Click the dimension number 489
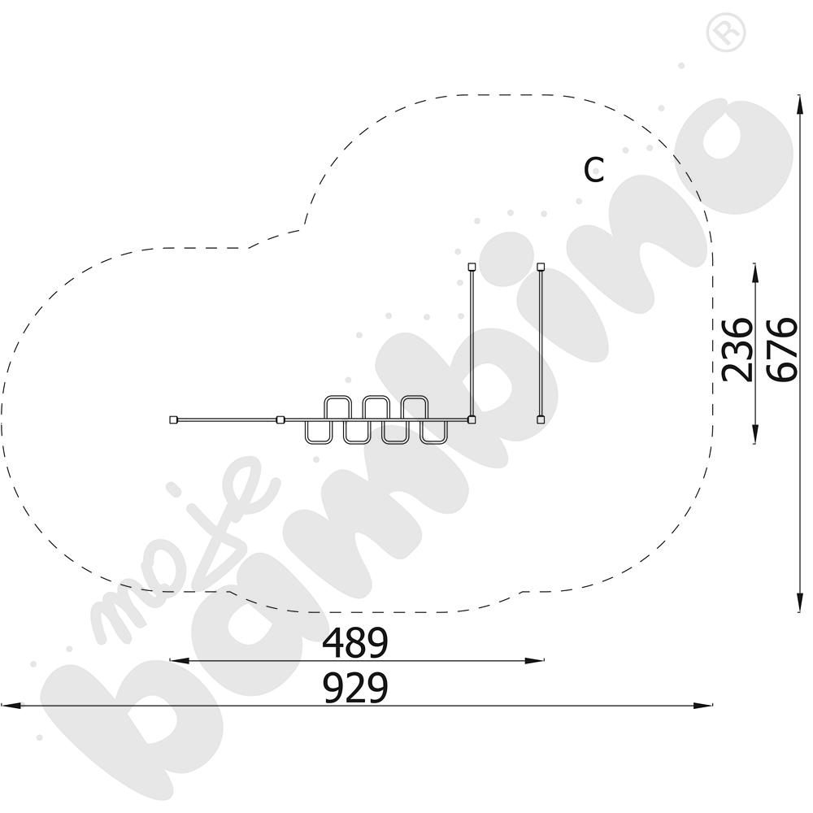[355, 642]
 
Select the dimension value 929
[355, 688]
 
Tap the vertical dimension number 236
[737, 350]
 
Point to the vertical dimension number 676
[782, 350]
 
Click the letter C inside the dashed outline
[594, 170]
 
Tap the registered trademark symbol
[726, 33]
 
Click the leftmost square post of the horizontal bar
[174, 420]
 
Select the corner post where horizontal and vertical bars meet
[472, 420]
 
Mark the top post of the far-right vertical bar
[541, 267]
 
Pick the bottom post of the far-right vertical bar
[541, 420]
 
